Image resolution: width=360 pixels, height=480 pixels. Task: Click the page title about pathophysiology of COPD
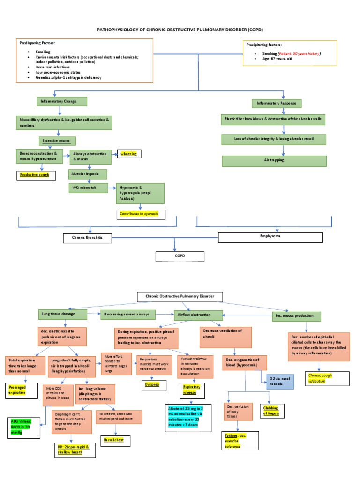180,29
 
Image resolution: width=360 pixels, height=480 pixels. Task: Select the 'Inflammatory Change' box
62,101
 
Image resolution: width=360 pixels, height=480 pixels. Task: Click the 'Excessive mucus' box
57,141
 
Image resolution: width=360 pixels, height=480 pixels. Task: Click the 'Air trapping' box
274,160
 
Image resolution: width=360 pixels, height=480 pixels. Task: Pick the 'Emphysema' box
270,237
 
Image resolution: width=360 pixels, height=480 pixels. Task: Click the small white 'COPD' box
180,256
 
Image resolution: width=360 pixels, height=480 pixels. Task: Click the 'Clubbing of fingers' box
269,411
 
